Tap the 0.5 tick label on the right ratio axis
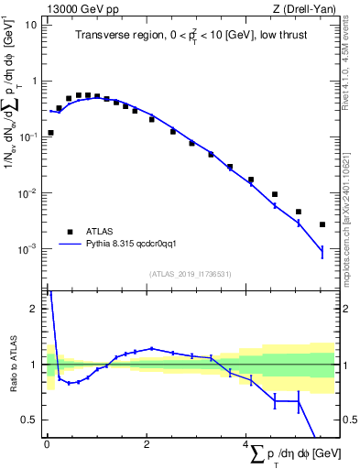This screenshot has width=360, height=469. click(348, 420)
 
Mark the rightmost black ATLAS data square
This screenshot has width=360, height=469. click(322, 224)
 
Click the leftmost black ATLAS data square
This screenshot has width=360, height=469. click(50, 133)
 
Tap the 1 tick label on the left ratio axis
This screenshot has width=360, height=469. click(35, 365)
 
